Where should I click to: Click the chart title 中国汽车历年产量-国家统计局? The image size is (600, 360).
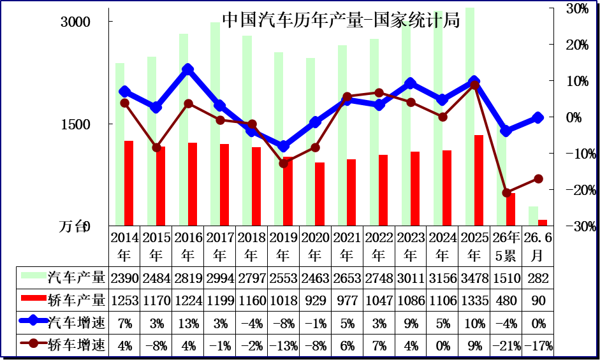340,20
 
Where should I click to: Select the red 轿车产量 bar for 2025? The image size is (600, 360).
479,180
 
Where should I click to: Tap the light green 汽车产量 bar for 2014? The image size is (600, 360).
120,144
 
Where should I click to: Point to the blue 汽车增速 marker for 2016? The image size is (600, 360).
187,69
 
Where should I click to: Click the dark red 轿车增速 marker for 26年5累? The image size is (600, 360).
507,193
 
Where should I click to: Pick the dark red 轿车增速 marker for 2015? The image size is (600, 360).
156,147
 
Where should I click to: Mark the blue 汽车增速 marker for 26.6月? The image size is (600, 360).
538,117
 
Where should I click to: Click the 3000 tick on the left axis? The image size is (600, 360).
75,22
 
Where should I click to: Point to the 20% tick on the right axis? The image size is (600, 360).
578,45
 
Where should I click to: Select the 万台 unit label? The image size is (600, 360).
72,226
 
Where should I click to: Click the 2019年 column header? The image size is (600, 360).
284,247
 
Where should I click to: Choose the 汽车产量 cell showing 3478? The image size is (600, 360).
474,278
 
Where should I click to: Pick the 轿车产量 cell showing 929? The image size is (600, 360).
316,301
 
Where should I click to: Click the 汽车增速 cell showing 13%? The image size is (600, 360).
188,324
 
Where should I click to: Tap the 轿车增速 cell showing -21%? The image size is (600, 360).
506,346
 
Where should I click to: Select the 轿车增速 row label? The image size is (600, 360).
77,345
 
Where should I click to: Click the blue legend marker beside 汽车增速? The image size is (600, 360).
33,320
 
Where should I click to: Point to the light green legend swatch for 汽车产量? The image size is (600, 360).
34,275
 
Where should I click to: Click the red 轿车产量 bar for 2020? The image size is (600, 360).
319,194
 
